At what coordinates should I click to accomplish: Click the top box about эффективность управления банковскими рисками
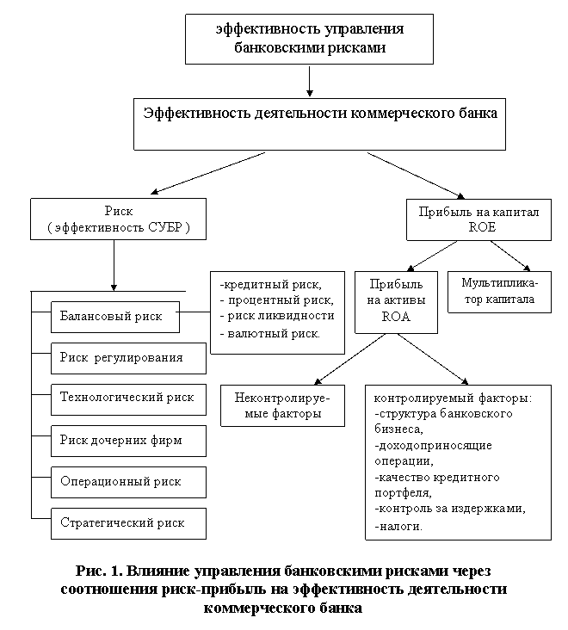coord(310,39)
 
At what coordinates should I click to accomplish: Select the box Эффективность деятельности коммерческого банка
coord(319,123)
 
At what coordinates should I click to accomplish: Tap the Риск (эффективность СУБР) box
coord(118,219)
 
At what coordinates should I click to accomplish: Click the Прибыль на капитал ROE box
coord(479,219)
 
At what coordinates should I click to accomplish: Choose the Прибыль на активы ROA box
coord(396,300)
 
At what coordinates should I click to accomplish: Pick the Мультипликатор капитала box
coord(499,292)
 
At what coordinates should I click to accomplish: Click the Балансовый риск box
coord(114,317)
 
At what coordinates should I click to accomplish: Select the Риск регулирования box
coord(128,357)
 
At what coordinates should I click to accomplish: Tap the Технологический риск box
coord(128,398)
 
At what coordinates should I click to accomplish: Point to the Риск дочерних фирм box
coord(128,440)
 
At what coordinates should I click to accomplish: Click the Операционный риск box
coord(128,482)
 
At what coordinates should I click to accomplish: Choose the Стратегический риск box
coord(128,523)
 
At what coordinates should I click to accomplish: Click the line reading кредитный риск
coord(272,285)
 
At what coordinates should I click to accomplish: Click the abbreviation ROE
coord(482,228)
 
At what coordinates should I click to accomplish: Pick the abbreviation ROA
coord(395,317)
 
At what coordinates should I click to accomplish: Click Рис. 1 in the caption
coord(96,571)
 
